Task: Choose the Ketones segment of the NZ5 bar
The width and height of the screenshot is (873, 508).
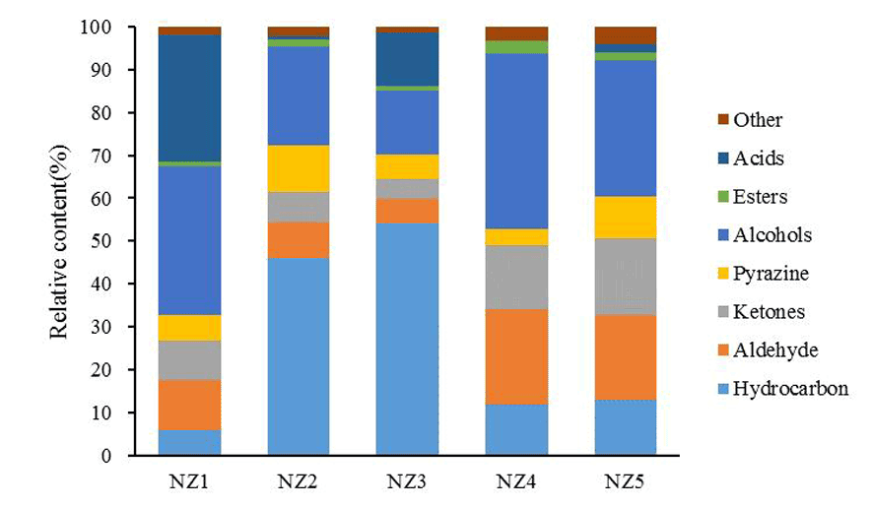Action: click(x=625, y=277)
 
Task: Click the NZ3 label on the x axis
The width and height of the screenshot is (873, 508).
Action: click(x=407, y=482)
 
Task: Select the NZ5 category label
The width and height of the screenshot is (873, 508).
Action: click(x=625, y=482)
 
